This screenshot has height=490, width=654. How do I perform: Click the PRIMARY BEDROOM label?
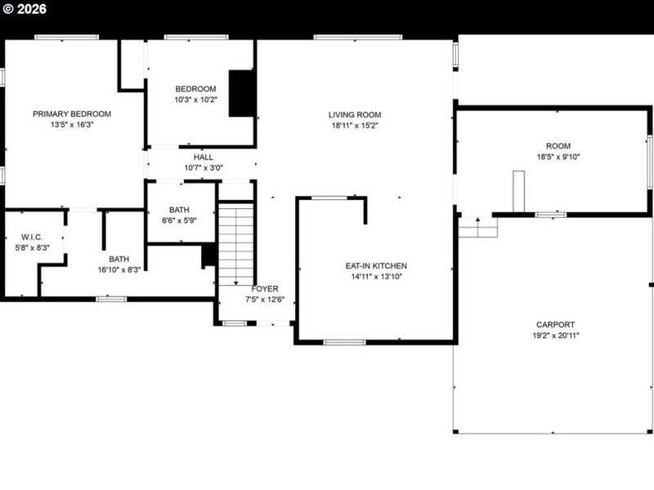tap(72, 114)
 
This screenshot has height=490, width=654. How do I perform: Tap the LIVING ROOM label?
tap(355, 115)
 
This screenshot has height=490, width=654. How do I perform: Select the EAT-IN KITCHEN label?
tap(376, 266)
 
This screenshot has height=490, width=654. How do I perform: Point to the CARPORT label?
tap(555, 324)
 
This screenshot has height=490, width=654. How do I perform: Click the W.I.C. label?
tap(33, 237)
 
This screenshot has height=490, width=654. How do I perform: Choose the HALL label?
tap(204, 157)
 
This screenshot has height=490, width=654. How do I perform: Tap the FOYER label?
tap(265, 289)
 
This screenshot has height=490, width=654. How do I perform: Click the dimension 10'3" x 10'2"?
tap(195, 100)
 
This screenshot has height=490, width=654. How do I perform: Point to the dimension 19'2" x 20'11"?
tap(555, 335)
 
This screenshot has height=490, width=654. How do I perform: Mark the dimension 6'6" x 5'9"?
tap(179, 220)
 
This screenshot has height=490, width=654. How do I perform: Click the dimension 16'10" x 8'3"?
tap(119, 269)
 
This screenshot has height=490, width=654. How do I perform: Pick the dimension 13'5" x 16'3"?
tap(72, 125)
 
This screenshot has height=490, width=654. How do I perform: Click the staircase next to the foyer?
tap(236, 244)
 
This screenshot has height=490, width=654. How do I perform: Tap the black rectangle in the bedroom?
tap(240, 93)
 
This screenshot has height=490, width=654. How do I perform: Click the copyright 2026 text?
tap(25, 10)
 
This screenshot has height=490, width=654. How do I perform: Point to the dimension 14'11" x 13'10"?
tap(376, 277)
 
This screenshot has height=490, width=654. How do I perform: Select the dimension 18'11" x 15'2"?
tap(355, 126)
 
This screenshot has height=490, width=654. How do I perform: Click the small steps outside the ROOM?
tap(477, 227)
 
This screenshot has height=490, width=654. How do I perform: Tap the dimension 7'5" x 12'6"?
tap(265, 300)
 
